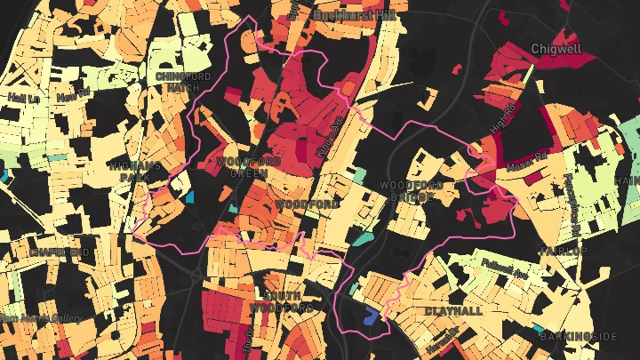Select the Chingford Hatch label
[180, 82]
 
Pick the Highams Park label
[134, 171]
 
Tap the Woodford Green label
[249, 167]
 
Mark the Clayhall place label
[453, 311]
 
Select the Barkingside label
[579, 336]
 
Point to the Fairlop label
[562, 252]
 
